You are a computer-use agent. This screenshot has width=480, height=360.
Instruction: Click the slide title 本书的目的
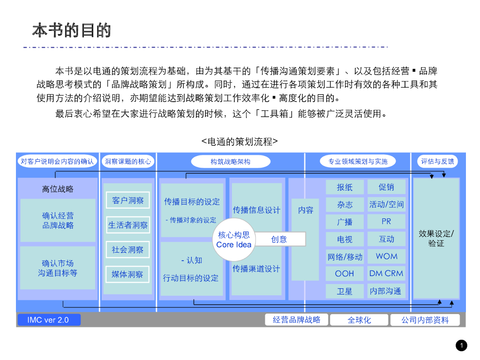72,30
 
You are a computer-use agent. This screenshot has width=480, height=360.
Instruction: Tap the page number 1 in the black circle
461,346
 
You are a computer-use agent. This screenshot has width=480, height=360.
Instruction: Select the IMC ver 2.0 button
49,320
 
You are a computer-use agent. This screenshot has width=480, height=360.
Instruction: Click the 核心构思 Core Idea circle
234,240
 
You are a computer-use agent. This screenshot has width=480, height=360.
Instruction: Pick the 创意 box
280,239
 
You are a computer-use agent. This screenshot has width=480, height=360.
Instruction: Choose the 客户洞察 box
128,201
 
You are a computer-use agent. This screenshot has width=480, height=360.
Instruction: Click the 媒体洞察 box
128,274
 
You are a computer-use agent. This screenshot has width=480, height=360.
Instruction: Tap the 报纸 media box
345,187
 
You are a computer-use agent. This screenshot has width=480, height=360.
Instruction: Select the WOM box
386,256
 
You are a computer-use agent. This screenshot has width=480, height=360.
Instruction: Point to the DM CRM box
386,273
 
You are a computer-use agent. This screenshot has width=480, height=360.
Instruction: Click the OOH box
345,273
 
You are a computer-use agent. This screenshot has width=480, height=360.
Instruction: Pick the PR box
386,221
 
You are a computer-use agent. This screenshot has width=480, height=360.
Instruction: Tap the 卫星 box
345,291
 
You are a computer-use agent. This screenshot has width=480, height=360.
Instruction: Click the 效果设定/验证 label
436,238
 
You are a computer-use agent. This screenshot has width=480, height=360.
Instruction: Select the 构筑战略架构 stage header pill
231,162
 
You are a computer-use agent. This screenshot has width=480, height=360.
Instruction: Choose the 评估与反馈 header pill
437,162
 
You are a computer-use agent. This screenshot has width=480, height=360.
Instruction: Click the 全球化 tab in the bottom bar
359,320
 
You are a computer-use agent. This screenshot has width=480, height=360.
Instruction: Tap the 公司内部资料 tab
425,320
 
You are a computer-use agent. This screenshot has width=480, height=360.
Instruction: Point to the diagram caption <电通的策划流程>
240,141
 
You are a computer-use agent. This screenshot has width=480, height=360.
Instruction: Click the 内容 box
306,210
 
